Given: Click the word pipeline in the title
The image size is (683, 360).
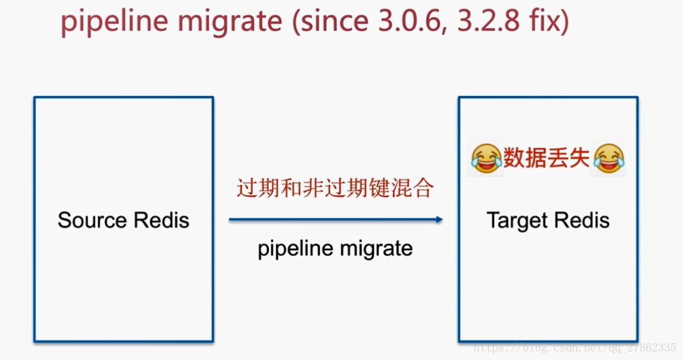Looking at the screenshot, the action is pos(115,21).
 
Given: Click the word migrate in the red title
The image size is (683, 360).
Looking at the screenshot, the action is pos(231,21).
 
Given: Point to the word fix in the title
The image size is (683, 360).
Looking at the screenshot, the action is pos(544,20).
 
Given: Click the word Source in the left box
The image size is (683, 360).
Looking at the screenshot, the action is pos(92,220).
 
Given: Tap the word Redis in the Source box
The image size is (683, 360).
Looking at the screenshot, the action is pos(162,220).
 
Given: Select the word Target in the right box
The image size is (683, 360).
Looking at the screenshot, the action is pos(517,221).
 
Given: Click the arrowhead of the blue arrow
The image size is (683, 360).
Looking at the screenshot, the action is pos(439,220).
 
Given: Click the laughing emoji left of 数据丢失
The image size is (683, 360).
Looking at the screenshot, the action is pos(486,158).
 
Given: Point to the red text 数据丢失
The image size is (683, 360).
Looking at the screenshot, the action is pos(547,157).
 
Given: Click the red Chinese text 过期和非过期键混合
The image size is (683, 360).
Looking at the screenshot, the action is pos(335,188).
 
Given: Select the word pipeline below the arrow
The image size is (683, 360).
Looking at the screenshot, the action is pos(295,249).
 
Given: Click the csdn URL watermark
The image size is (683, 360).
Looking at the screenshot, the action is pos(574,348).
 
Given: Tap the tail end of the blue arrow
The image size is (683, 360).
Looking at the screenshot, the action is pos(230,220).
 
